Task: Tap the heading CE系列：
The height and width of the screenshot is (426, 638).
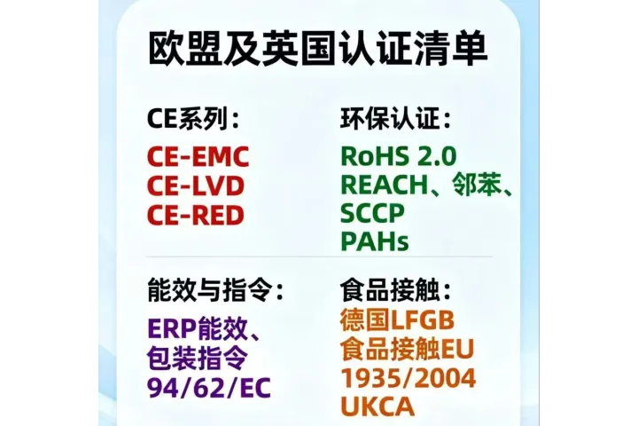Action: click(x=193, y=121)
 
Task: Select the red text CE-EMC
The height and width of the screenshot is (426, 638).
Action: click(x=198, y=157)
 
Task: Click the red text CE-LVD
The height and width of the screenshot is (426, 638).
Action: click(x=195, y=185)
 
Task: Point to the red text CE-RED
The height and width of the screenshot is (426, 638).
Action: click(x=195, y=214)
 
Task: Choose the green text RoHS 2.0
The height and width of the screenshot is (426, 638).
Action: click(x=399, y=157)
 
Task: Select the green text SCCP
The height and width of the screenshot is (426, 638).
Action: click(x=372, y=214)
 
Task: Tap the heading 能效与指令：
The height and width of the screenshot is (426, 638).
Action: click(x=216, y=290)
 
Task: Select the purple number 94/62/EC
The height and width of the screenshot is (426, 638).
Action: click(x=209, y=388)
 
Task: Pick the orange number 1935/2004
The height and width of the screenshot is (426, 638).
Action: click(x=408, y=378)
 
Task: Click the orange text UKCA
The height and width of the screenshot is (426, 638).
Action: click(x=377, y=407)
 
